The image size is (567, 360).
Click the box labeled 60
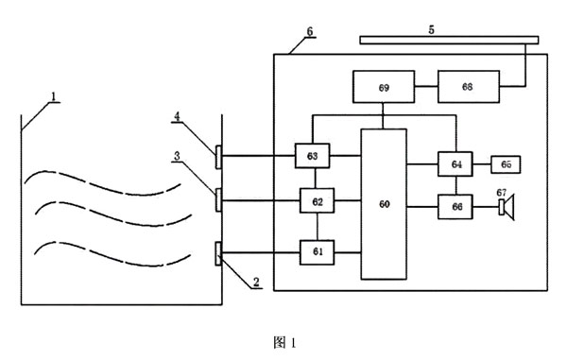[384, 204]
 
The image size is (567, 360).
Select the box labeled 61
[318, 252]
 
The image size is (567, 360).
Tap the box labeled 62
[318, 200]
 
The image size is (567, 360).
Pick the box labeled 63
[313, 156]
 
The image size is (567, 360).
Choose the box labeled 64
[455, 164]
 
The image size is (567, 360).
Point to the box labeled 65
[506, 164]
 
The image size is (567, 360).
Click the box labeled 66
[455, 207]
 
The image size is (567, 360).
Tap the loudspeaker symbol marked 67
[507, 207]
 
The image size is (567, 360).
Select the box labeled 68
[469, 87]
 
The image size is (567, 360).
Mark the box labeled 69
[384, 87]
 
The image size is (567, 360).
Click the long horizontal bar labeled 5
[449, 40]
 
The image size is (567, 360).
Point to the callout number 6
[310, 31]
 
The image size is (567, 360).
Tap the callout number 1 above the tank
[54, 96]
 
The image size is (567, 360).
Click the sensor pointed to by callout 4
[218, 157]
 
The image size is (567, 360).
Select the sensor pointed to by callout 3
[218, 200]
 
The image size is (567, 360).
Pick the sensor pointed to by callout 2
[218, 254]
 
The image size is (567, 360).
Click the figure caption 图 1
[285, 342]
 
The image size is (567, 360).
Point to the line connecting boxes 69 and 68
[426, 86]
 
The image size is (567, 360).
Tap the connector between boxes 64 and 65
[482, 164]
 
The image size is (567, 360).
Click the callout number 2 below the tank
[256, 282]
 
